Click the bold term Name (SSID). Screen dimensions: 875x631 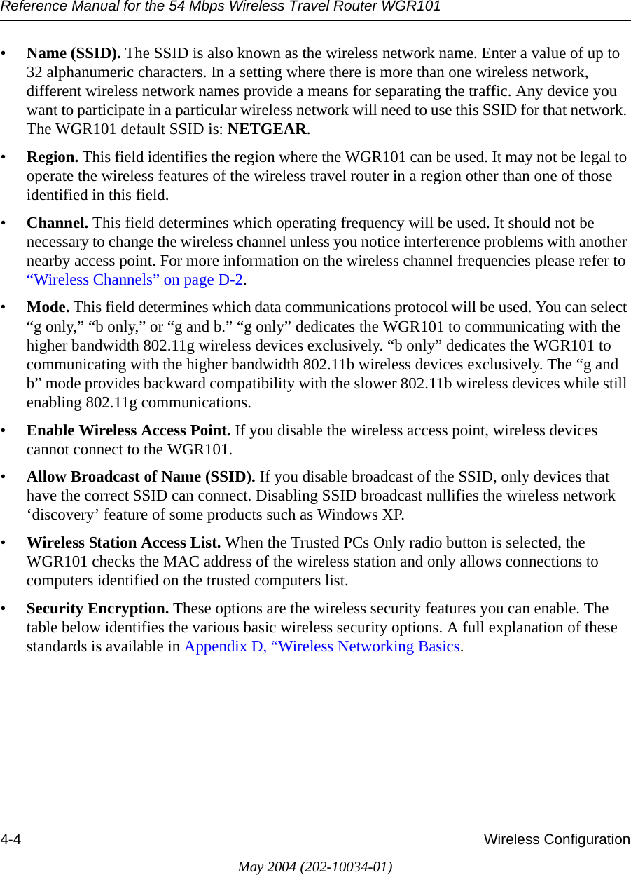pos(74,54)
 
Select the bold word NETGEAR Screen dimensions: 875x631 pos(268,130)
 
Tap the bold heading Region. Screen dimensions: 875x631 pos(53,157)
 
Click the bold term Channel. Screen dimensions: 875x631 pos(57,224)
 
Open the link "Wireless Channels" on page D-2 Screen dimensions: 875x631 pos(136,280)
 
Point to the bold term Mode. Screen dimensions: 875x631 pos(48,308)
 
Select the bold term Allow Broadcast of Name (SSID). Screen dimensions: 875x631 pos(141,477)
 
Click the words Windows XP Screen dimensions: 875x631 pos(360,515)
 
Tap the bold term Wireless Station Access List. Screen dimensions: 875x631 pos(124,543)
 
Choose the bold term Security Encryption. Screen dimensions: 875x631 pos(97,609)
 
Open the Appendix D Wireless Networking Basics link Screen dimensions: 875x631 pos(322,646)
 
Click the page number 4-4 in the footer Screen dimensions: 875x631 pos(11,840)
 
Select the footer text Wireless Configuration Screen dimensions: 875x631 pos(557,840)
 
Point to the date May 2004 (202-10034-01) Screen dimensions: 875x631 pos(315,867)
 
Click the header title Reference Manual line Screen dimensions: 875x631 pos(221,7)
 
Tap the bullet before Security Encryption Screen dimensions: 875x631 pos(6,609)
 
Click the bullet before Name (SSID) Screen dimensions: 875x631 pos(6,54)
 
